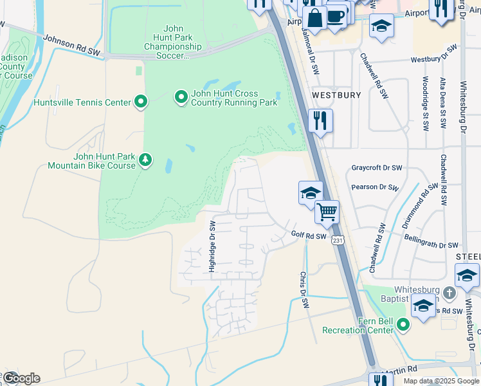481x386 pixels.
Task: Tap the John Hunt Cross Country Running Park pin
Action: pyautogui.click(x=181, y=97)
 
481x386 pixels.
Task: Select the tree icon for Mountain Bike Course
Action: pyautogui.click(x=146, y=160)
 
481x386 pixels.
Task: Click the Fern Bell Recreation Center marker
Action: pyautogui.click(x=403, y=324)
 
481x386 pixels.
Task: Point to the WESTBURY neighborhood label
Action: pyautogui.click(x=336, y=95)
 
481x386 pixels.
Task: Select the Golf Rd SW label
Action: pyautogui.click(x=309, y=236)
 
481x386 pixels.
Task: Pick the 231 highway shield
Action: pyautogui.click(x=339, y=239)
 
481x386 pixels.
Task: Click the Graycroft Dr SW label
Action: pyautogui.click(x=377, y=168)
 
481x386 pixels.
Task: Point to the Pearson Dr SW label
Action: pyautogui.click(x=376, y=187)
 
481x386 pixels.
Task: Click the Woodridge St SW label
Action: pyautogui.click(x=425, y=104)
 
